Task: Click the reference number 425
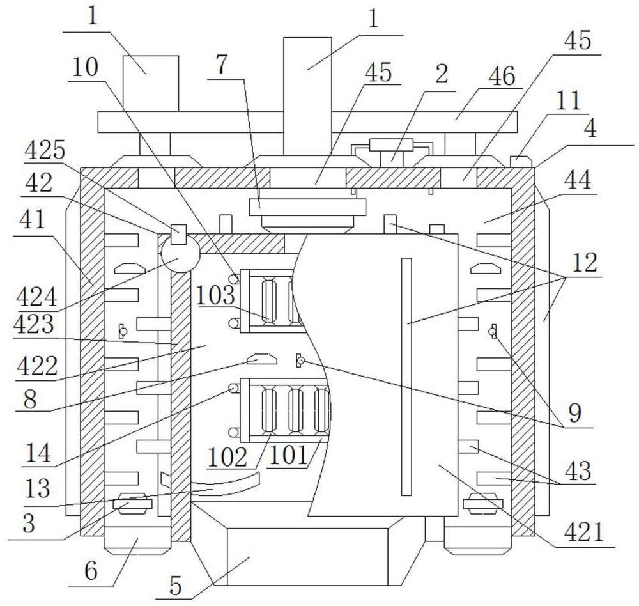[45, 151]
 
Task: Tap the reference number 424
[36, 297]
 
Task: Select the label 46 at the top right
[502, 76]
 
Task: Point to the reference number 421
[583, 532]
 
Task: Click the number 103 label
[215, 295]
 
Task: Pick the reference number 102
[227, 457]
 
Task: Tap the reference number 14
[38, 453]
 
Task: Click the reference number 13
[38, 488]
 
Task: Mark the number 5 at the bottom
[175, 586]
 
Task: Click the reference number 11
[569, 100]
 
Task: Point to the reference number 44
[578, 180]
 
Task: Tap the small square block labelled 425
[178, 234]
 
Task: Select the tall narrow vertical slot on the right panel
[406, 377]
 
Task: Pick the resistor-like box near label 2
[391, 144]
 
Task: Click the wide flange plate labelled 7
[308, 206]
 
